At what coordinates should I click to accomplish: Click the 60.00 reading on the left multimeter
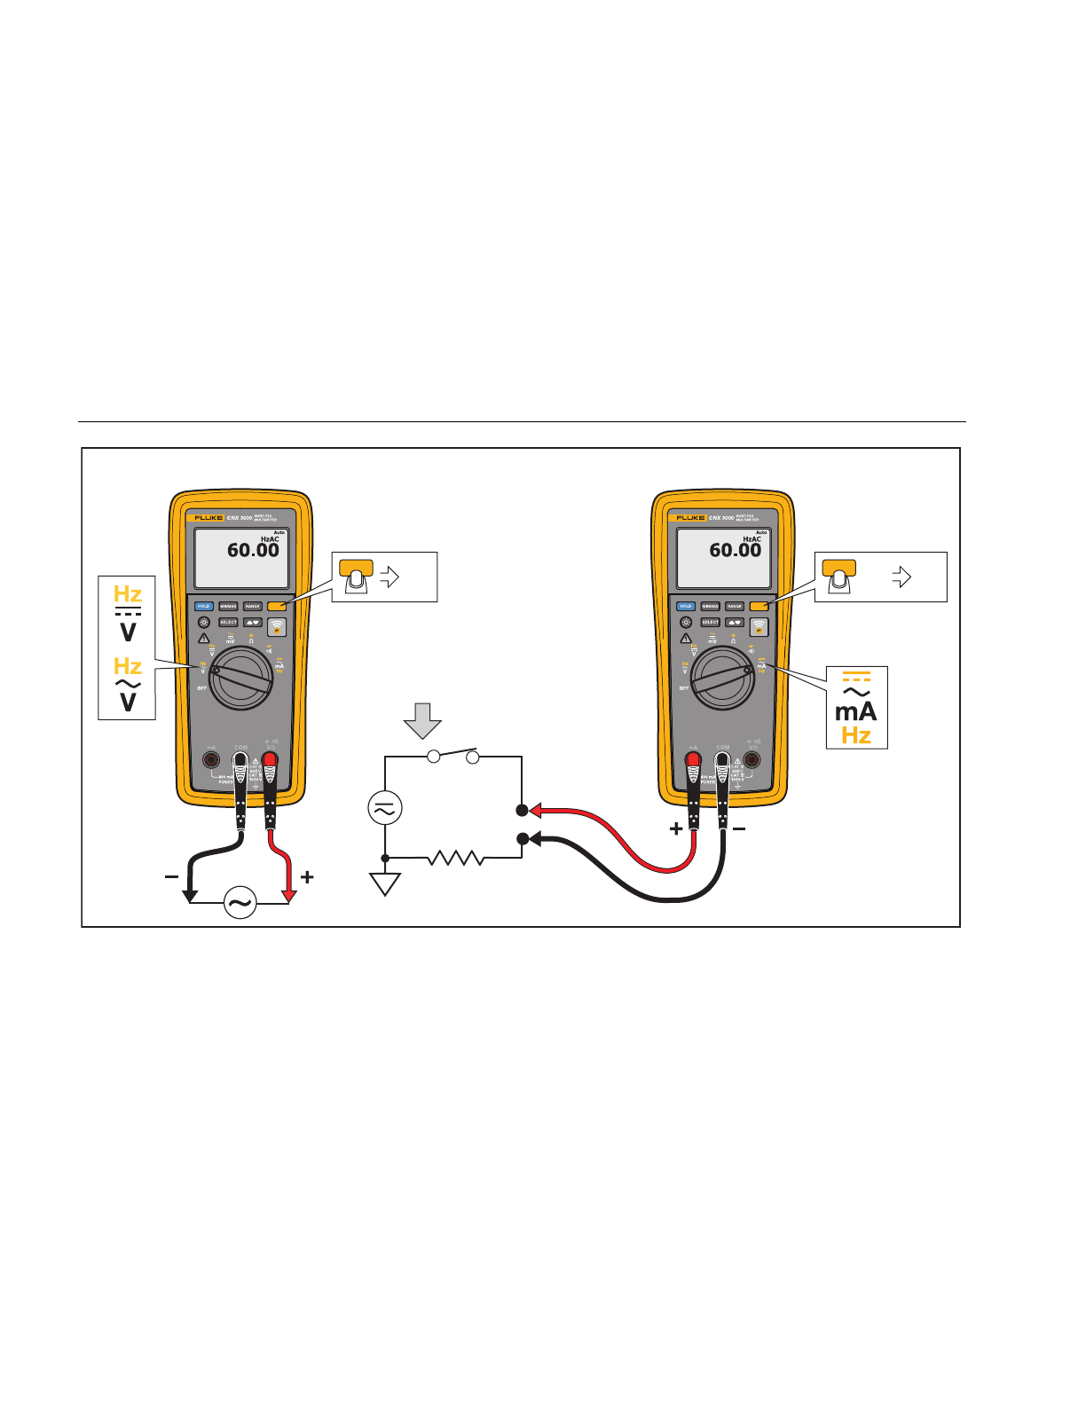(x=253, y=551)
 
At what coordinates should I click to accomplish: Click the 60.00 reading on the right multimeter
(x=735, y=551)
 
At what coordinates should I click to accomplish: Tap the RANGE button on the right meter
(x=735, y=607)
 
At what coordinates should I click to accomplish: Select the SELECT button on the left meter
(x=228, y=623)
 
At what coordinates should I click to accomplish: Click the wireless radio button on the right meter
(x=759, y=627)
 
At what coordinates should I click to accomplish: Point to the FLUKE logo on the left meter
(x=209, y=517)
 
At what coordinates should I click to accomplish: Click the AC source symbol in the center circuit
(x=385, y=808)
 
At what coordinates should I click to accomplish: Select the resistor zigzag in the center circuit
(x=455, y=858)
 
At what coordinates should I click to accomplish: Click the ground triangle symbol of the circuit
(x=385, y=883)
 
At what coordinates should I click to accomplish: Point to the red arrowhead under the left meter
(x=288, y=896)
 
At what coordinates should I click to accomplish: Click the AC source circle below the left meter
(x=240, y=903)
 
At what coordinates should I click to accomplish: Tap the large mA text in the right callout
(x=855, y=711)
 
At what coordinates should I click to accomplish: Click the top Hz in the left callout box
(x=128, y=593)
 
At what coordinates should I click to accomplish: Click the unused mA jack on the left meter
(x=211, y=760)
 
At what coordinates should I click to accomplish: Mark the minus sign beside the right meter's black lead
(x=739, y=829)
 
